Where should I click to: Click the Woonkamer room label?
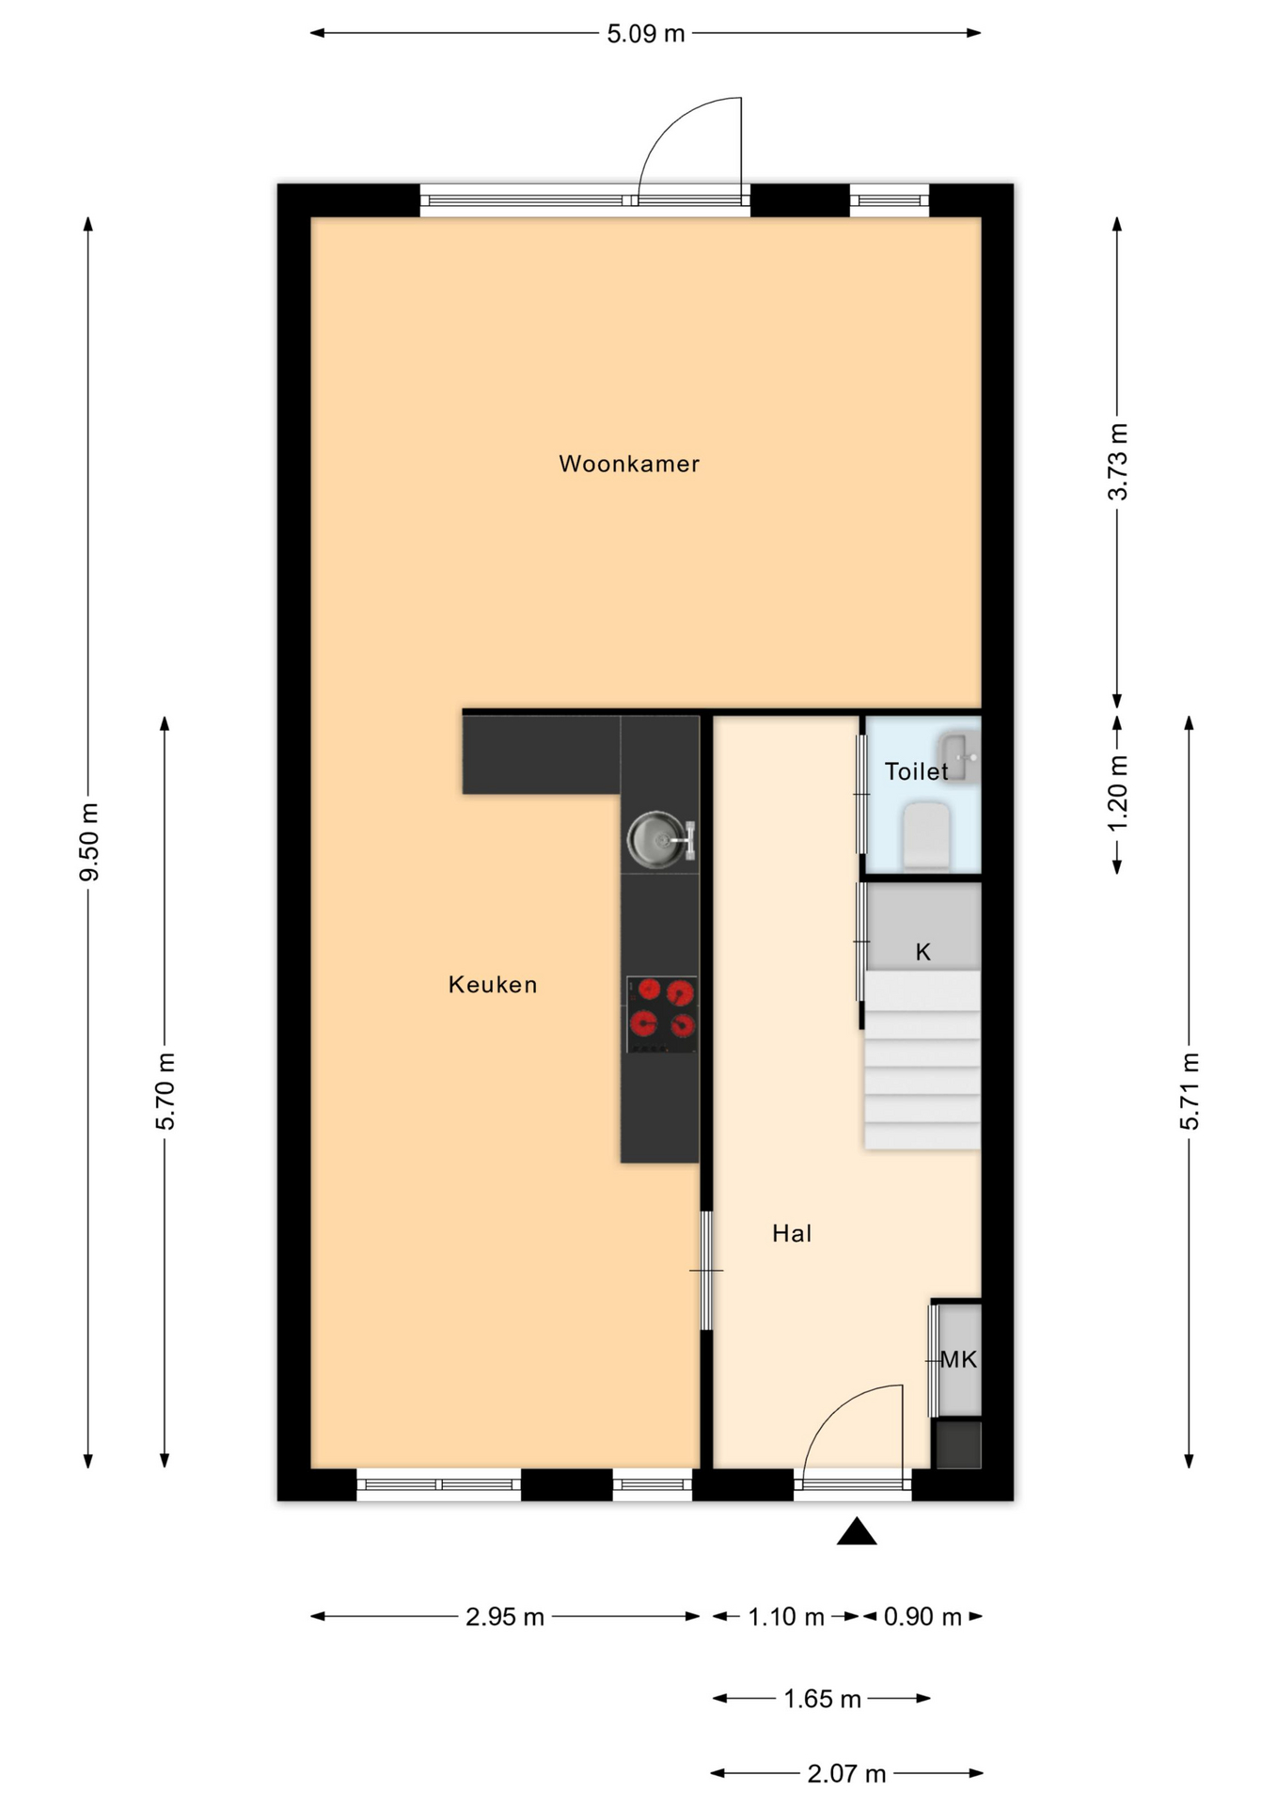click(x=629, y=464)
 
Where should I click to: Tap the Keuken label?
click(x=493, y=985)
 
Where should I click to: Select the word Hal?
click(x=792, y=1233)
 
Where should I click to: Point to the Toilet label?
click(x=917, y=771)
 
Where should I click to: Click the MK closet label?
click(x=959, y=1359)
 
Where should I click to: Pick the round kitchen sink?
click(x=656, y=840)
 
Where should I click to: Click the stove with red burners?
click(x=662, y=1014)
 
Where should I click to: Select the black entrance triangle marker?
click(x=857, y=1531)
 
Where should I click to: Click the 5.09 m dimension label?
click(x=646, y=34)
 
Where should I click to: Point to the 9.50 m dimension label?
click(x=89, y=842)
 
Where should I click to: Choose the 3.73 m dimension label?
click(x=1117, y=462)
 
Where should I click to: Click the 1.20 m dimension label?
click(x=1117, y=794)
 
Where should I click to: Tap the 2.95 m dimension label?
click(x=505, y=1616)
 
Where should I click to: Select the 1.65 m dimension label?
click(x=823, y=1699)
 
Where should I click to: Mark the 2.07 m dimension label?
click(x=846, y=1774)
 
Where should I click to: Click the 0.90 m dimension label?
click(x=922, y=1616)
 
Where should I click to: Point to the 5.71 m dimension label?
click(x=1190, y=1091)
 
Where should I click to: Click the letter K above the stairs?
click(x=923, y=952)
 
